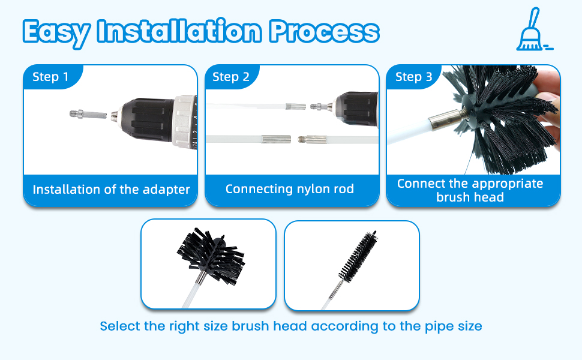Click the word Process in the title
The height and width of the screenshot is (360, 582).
tap(324, 31)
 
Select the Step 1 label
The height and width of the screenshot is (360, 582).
tap(50, 77)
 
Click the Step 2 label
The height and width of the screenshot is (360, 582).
tap(230, 77)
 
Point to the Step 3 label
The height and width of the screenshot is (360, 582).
tap(413, 77)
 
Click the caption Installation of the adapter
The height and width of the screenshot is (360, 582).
tap(111, 190)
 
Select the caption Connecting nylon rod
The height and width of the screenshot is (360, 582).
tap(290, 189)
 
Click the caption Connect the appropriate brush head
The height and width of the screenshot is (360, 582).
tap(470, 190)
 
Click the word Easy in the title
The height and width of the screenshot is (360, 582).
tap(58, 31)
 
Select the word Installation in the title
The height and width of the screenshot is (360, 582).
tap(180, 31)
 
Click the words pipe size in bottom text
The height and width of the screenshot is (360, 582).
tap(454, 326)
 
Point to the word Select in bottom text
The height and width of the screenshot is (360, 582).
tap(119, 326)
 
